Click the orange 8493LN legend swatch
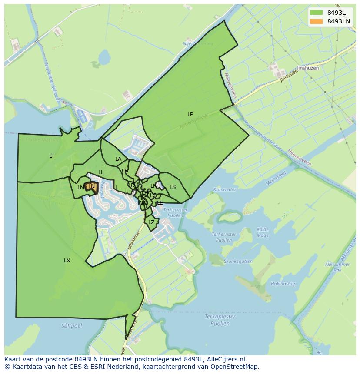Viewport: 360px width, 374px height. click(317, 21)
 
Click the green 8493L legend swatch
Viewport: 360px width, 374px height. click(317, 13)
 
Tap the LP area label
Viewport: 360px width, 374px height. click(190, 114)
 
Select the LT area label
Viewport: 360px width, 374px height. click(52, 156)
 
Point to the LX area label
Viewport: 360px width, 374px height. click(67, 261)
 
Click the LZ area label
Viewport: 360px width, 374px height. click(151, 222)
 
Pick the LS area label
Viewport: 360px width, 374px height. click(173, 187)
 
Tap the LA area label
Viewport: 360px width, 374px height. click(118, 159)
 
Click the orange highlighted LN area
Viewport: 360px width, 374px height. click(91, 187)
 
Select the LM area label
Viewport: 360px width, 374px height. click(80, 188)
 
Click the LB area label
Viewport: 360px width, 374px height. click(125, 171)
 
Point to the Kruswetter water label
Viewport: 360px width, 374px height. click(224, 190)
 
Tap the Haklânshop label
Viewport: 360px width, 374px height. click(283, 284)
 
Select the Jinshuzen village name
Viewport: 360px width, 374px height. click(308, 68)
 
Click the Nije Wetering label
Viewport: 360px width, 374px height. click(198, 44)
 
